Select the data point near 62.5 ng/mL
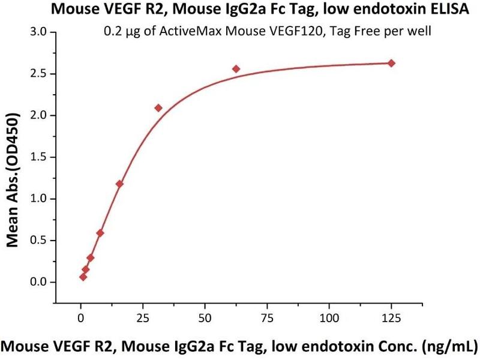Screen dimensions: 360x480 236,69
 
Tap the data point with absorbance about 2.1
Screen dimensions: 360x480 158,108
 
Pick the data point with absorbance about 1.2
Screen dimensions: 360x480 119,184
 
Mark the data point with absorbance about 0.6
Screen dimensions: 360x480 100,233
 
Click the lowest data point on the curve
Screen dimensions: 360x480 83,277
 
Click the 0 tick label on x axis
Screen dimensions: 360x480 80,316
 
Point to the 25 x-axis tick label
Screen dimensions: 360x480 142,316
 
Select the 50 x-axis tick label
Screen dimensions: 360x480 205,316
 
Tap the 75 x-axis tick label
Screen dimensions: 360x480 266,316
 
